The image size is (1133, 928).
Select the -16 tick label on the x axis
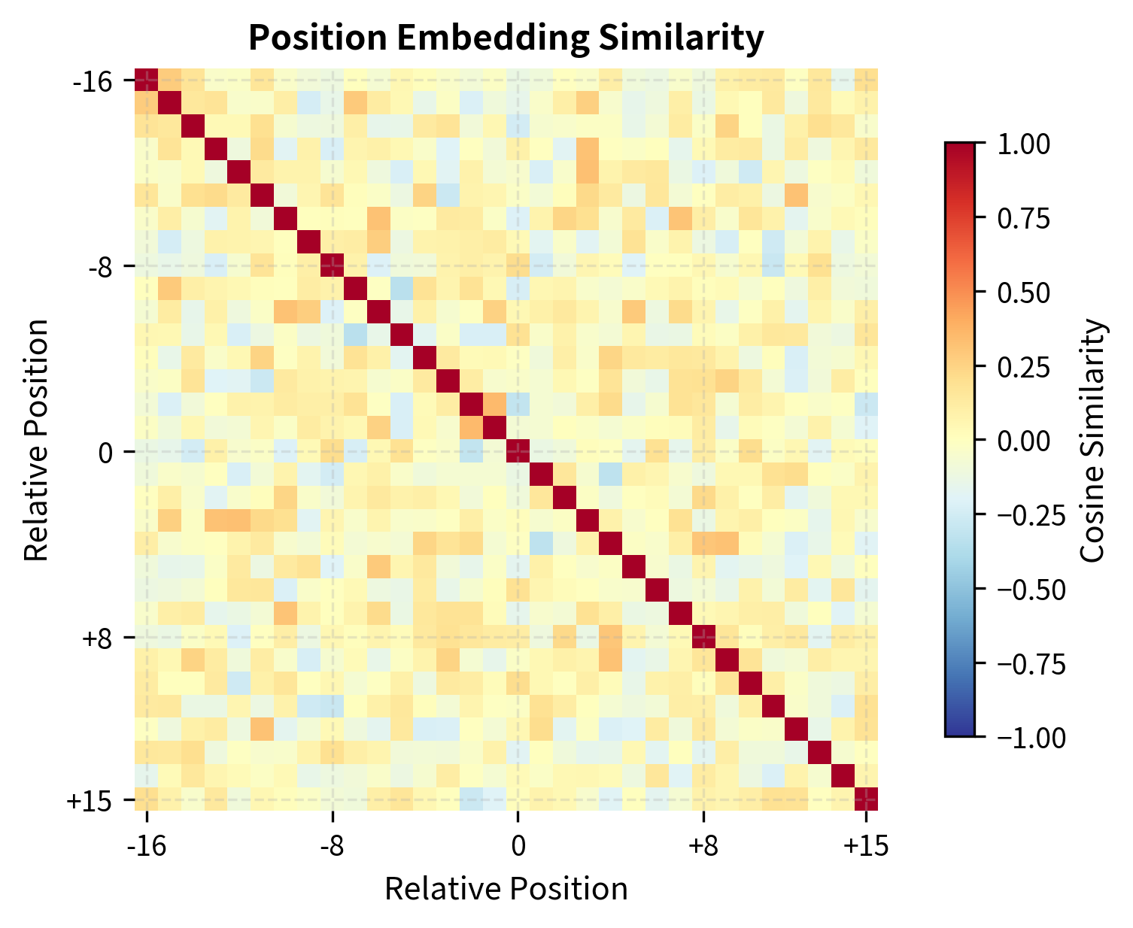click(147, 846)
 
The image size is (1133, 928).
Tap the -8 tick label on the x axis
click(332, 846)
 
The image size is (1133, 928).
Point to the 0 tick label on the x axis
click(518, 846)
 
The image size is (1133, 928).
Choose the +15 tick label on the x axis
click(866, 846)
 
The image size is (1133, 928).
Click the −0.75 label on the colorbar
click(1029, 664)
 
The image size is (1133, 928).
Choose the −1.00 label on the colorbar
click(1029, 738)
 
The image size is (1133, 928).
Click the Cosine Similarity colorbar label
click(1093, 441)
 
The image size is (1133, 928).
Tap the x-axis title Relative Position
click(506, 890)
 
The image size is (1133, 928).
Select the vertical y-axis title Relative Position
click(37, 441)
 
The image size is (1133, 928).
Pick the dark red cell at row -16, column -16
click(147, 80)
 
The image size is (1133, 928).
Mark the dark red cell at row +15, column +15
click(866, 799)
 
